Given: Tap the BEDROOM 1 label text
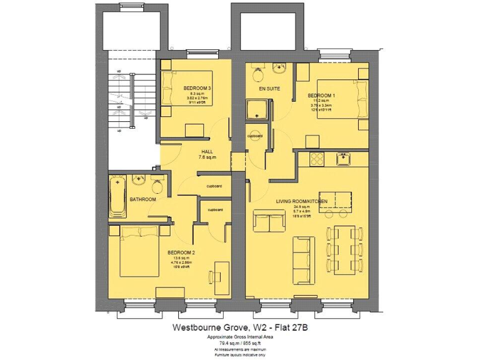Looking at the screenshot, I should (321, 95).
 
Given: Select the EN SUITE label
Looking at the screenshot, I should (269, 89).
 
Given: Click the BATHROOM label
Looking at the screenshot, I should (142, 199).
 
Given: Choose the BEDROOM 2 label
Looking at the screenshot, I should (181, 252).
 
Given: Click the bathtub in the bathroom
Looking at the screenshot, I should (117, 196).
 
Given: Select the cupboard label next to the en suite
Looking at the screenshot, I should (255, 136).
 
